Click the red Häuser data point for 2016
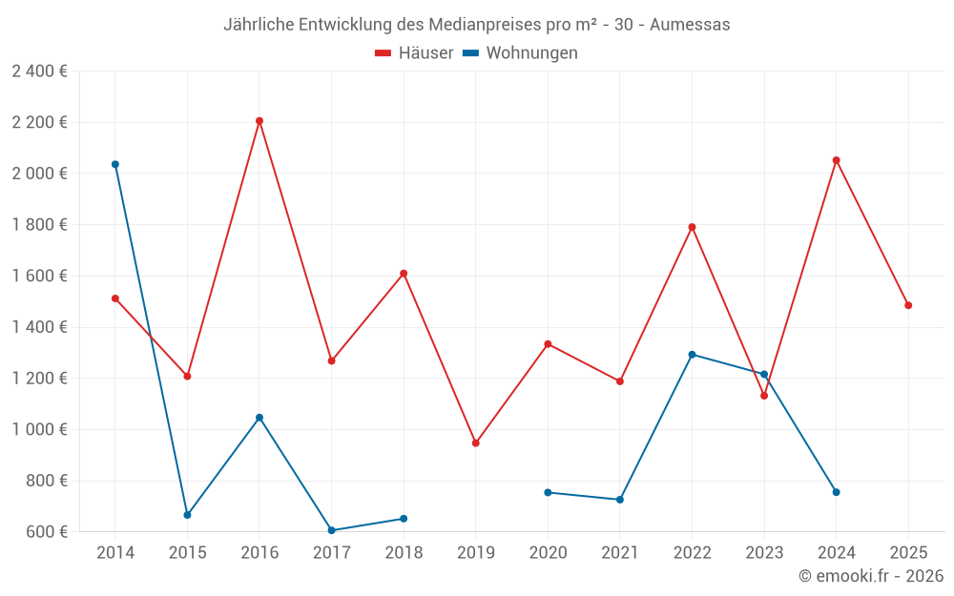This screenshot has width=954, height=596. point(259,121)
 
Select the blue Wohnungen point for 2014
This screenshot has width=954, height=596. point(115,164)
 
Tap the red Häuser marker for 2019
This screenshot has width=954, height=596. point(476,443)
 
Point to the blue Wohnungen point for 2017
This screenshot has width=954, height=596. point(331,530)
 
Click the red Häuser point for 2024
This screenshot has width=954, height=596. point(837,160)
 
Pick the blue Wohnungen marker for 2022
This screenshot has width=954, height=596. point(692,355)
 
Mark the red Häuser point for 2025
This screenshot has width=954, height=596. point(908,305)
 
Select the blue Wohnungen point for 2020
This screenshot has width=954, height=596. point(548,492)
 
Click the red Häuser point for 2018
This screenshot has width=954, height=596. point(404,274)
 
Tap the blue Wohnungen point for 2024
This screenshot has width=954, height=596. point(837,492)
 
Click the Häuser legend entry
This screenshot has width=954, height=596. point(415,53)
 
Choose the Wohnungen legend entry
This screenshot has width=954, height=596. point(521,53)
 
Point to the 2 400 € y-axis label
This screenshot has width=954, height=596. point(39,72)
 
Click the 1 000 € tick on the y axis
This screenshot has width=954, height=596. point(39,430)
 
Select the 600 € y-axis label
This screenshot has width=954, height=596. point(46,532)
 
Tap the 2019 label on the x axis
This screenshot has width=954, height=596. point(476,552)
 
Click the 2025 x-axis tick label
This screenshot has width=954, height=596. point(908,552)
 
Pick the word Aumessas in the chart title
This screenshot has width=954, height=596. point(690,25)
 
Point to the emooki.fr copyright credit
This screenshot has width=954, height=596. point(871,576)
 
